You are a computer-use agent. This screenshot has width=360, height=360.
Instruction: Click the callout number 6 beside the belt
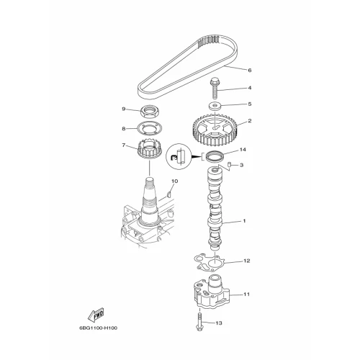[x=250, y=71]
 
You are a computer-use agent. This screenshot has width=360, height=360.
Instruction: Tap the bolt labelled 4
[x=214, y=89]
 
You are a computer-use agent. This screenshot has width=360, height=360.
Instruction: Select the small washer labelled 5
[x=214, y=106]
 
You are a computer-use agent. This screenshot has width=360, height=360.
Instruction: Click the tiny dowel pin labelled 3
[x=229, y=164]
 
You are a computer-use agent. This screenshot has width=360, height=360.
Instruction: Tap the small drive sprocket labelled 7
[x=150, y=150]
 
